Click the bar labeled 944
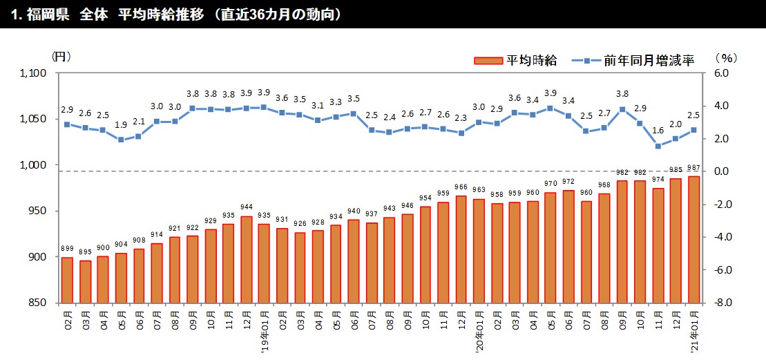pos(247,260)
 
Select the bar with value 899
pos(67,280)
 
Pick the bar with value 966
pos(461,249)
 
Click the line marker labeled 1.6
pos(658,146)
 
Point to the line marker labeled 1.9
pos(121,140)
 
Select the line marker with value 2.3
pos(461,133)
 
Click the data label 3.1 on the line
pos(318,106)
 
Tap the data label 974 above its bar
pos(658,181)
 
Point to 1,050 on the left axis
pos(32,119)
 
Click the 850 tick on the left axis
pos(37,303)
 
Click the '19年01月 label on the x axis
pos(265,332)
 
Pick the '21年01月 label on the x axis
pos(694,332)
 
